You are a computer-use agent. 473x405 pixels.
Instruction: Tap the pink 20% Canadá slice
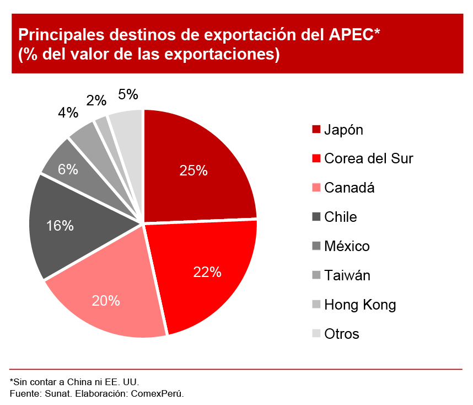[x=108, y=301]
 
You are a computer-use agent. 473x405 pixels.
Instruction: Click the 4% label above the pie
[x=68, y=113]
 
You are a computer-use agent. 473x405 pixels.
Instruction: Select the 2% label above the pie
[x=96, y=100]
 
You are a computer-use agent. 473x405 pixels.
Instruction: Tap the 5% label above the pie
[x=128, y=94]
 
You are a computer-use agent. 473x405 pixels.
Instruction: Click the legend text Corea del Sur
[x=368, y=159]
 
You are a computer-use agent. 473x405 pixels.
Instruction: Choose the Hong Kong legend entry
[x=359, y=305]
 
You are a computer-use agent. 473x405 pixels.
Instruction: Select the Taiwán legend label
[x=347, y=275]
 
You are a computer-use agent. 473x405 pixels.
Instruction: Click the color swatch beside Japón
[x=316, y=130]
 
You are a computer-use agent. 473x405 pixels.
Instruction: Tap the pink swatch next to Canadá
[x=316, y=188]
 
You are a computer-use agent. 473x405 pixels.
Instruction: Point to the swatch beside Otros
[x=316, y=334]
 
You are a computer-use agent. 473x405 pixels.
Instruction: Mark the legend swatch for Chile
[x=316, y=217]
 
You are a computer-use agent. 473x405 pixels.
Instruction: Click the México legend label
[x=347, y=246]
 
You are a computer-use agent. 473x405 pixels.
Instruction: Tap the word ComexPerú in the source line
[x=160, y=394]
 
